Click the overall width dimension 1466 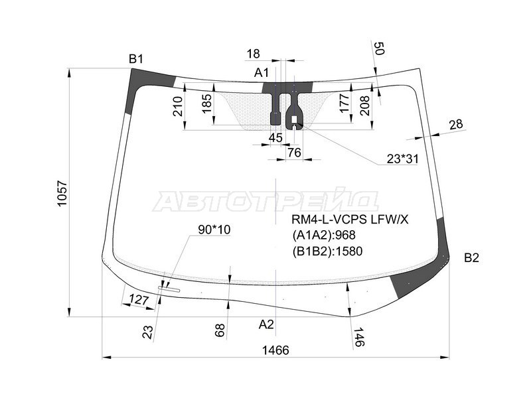[x=275, y=350]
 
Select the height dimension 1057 [x=62, y=194]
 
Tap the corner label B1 [x=136, y=59]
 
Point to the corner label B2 [x=471, y=258]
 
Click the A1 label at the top [x=262, y=72]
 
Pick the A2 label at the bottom [x=266, y=324]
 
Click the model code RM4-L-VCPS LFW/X [x=350, y=220]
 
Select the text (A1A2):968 [x=324, y=235]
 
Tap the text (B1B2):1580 [x=327, y=251]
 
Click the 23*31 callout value [x=403, y=159]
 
